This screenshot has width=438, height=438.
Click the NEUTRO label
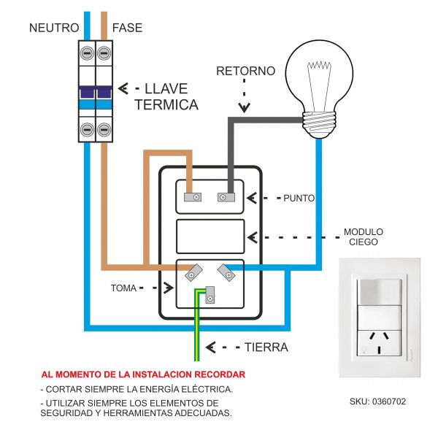[53, 28]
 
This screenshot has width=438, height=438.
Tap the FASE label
[128, 28]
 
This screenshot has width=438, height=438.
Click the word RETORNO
[245, 71]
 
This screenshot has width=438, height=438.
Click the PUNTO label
[299, 198]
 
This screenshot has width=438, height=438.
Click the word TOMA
[123, 288]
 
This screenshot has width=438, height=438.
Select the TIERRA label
[266, 347]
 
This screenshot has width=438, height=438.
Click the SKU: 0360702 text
[378, 401]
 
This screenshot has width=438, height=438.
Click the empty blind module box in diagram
[210, 237]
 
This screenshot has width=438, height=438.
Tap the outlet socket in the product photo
[378, 341]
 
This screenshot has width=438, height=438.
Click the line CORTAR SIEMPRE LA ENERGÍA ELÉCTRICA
[137, 389]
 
